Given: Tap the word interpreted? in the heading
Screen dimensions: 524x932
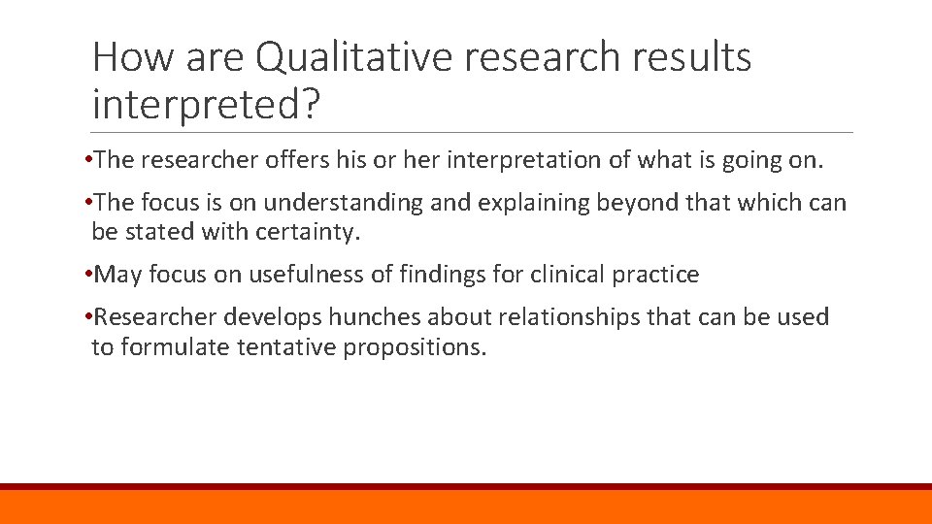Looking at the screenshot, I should pos(205,103).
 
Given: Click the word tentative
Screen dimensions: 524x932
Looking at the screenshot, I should pos(286,346).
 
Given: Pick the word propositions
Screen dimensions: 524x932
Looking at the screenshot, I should pos(414,346).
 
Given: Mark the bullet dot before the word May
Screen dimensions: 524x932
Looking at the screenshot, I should pos(88,275).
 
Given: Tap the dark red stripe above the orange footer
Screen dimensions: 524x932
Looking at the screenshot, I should pos(466,486).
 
